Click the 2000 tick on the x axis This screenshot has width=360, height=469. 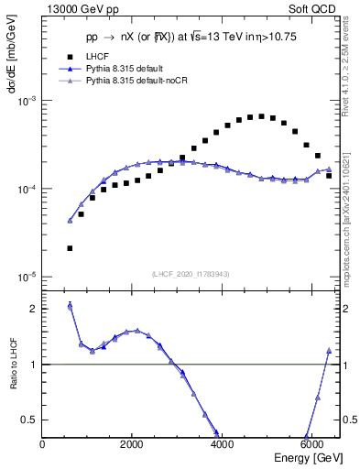click(x=132, y=444)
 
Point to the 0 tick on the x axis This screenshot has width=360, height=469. click(x=43, y=444)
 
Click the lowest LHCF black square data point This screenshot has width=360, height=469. click(x=70, y=248)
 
